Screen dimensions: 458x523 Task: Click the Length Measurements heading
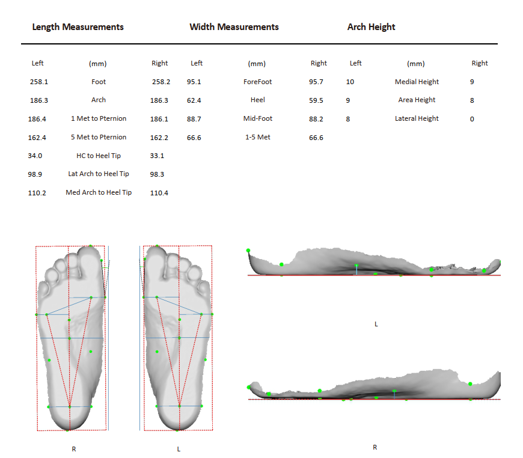[78, 27]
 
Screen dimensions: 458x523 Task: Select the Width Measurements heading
[234, 27]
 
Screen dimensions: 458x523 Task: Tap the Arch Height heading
[371, 27]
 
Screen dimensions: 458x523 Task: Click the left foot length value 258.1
[38, 82]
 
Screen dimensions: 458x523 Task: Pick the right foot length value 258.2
[161, 82]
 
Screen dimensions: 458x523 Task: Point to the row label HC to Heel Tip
[99, 156]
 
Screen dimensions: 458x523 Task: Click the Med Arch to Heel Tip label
[99, 192]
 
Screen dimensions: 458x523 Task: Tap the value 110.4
[159, 192]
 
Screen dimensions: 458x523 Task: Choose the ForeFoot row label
[257, 82]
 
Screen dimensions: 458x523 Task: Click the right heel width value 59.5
[316, 100]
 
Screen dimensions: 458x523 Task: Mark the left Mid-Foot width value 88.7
[194, 119]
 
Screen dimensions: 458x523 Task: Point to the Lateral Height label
[417, 119]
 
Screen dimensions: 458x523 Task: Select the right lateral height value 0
[472, 119]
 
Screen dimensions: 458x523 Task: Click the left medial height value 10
[350, 82]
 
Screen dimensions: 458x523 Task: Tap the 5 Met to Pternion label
[99, 137]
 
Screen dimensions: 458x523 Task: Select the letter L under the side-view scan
[376, 324]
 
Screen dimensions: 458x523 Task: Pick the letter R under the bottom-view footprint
[74, 448]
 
